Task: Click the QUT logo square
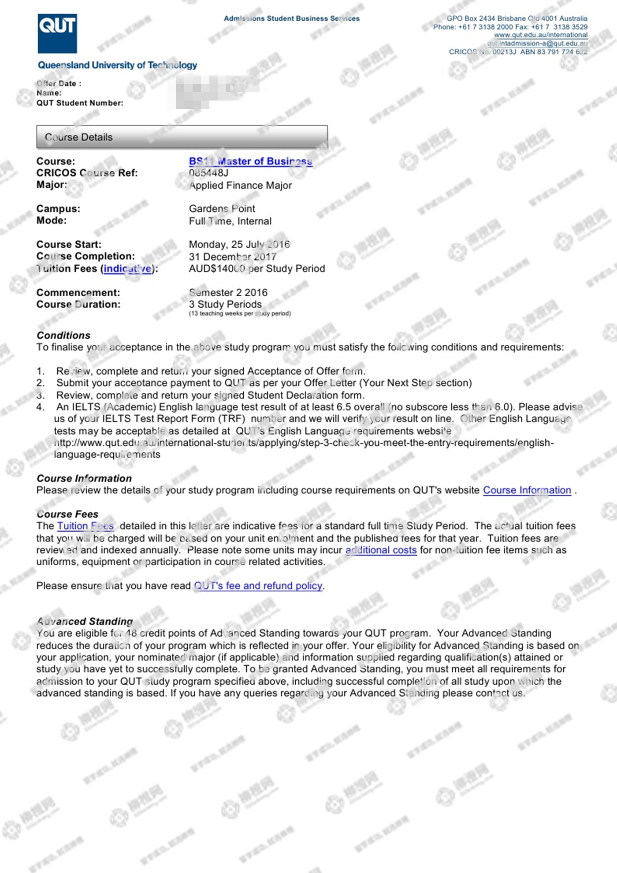[57, 34]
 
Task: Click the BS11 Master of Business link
[250, 161]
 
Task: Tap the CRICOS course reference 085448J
[208, 173]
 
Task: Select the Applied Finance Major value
[240, 185]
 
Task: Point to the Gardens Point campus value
[222, 209]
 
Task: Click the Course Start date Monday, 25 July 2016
[239, 244]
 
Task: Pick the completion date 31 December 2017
[232, 257]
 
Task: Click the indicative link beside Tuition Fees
[128, 269]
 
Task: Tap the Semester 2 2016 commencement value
[228, 292]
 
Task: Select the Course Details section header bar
[182, 137]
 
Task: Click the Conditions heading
[63, 335]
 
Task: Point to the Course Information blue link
[527, 490]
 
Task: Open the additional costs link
[381, 550]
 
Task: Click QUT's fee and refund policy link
[258, 586]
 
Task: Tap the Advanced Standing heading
[85, 621]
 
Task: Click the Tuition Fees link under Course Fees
[85, 526]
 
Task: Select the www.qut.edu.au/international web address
[540, 35]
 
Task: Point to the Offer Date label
[59, 83]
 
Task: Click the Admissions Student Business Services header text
[291, 19]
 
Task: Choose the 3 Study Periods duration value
[225, 304]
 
